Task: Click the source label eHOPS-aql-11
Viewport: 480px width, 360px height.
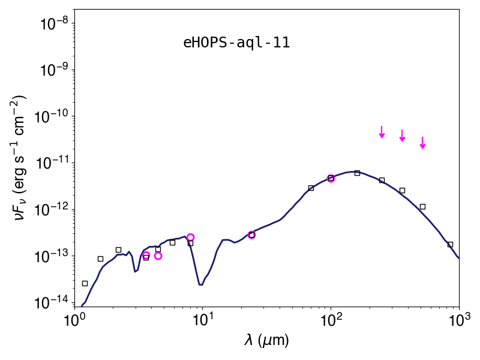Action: coord(236,43)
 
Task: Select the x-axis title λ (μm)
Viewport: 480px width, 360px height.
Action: coord(266,340)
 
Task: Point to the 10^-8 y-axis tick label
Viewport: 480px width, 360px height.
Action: coord(56,23)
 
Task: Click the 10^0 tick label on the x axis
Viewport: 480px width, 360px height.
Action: coord(74,320)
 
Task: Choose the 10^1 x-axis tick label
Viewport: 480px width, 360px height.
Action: coord(202,320)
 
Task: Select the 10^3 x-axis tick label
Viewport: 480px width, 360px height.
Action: coord(459,320)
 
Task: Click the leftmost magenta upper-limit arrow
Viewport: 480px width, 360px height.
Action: coord(382,132)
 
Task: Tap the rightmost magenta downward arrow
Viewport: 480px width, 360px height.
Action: coord(423,143)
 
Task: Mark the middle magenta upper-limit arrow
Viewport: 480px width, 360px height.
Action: coord(402,136)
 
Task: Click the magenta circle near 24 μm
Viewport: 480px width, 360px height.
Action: coord(251,235)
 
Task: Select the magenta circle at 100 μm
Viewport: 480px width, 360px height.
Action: coord(331,178)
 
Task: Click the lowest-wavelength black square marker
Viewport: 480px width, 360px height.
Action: coord(85,283)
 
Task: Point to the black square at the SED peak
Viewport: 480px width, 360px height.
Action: coord(357,173)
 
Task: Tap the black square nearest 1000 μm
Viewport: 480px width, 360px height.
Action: coord(450,244)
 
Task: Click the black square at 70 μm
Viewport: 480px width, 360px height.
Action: coord(311,188)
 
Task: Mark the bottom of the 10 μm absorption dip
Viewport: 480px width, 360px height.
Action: coord(200,285)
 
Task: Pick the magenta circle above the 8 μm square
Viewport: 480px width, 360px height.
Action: coord(190,237)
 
